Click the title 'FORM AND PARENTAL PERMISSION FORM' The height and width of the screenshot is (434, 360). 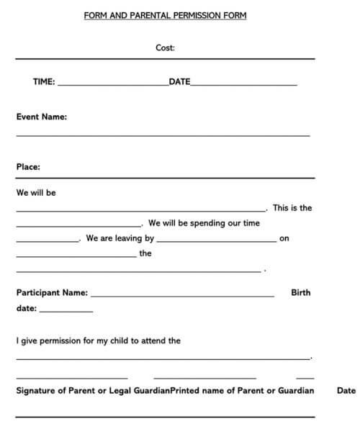click(x=165, y=15)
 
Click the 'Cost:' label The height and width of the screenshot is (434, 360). click(x=165, y=48)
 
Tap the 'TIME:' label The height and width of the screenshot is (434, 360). click(x=44, y=82)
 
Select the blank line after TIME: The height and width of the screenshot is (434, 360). click(x=112, y=85)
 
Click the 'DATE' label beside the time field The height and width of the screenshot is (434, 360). click(x=179, y=82)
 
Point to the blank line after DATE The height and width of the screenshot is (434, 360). click(x=244, y=85)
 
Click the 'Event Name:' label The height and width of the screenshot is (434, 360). click(x=42, y=116)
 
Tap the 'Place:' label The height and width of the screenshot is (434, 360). click(x=28, y=167)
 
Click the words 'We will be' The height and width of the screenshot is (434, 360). click(x=36, y=193)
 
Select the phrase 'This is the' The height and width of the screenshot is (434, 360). click(x=292, y=208)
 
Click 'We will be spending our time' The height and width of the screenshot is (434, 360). click(x=204, y=223)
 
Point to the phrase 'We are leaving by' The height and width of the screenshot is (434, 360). click(x=120, y=238)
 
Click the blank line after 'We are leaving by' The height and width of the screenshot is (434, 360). click(x=215, y=241)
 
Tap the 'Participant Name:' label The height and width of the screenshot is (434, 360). click(x=52, y=293)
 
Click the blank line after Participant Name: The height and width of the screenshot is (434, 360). click(x=182, y=296)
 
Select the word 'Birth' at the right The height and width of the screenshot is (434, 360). click(x=301, y=293)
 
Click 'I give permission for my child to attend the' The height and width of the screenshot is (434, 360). click(x=98, y=341)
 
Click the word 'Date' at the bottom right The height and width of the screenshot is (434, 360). click(x=346, y=391)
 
